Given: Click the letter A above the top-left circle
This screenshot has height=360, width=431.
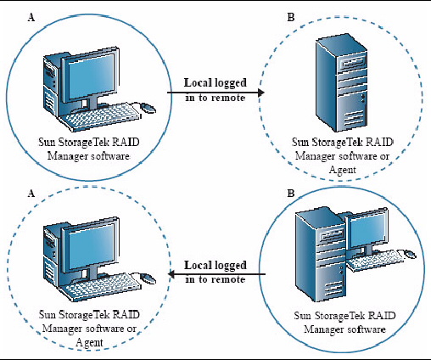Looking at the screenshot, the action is [31, 18].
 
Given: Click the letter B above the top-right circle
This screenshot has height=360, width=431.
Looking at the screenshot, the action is [291, 18].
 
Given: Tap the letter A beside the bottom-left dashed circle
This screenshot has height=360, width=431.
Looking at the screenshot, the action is [31, 194].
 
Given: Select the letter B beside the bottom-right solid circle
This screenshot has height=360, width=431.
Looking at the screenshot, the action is [291, 194].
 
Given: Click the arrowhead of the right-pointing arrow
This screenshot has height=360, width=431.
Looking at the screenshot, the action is [261, 93].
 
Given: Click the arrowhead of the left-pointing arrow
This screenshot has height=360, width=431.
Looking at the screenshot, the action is [171, 274].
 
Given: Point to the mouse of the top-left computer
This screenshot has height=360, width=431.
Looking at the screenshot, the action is [148, 108].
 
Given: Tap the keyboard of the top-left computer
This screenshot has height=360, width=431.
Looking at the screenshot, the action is [99, 117].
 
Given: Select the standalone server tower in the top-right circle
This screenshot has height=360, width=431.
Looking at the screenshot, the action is [342, 85].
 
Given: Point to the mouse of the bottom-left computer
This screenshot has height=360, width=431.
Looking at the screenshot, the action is [148, 278].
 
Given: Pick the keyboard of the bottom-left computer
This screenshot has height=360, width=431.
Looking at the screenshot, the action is [99, 287].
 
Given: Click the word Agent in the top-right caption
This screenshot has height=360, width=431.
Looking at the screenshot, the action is [343, 170].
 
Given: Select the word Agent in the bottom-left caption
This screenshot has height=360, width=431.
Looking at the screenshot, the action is [89, 342].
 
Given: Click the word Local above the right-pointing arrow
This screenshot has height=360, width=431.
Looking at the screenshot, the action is [198, 82].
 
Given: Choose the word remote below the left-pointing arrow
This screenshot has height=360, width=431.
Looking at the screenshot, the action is [228, 279].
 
